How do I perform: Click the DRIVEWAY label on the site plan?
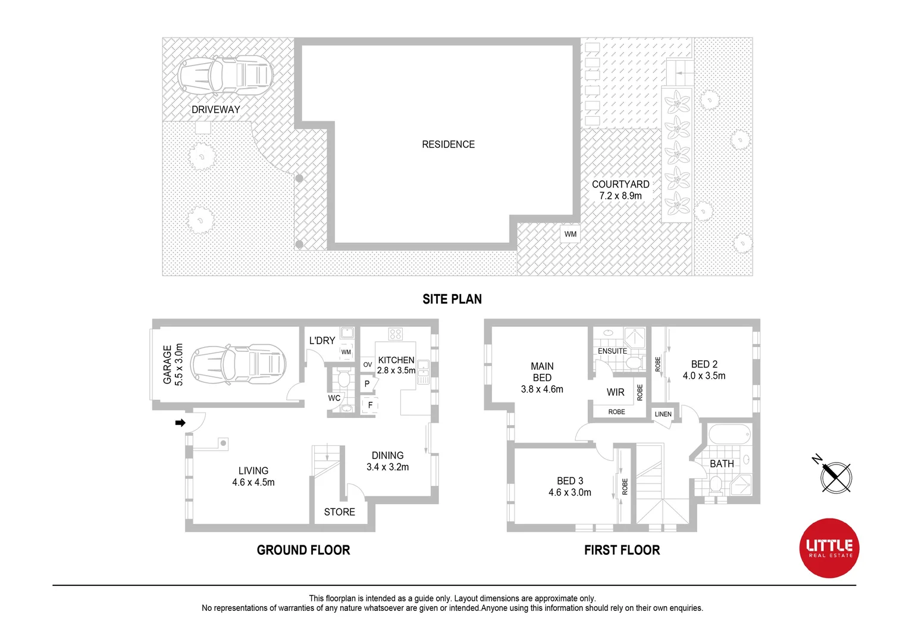pos(215,110)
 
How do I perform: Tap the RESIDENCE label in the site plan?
pos(448,145)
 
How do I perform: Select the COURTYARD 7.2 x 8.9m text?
pos(620,190)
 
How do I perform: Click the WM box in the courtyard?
pos(571,234)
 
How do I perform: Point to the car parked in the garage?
pos(238,363)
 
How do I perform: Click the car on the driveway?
pos(225,77)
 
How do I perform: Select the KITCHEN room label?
pos(396,360)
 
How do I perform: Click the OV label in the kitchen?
pos(368,364)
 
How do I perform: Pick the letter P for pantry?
pos(367,384)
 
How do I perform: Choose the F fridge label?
pos(370,405)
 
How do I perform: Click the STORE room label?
pos(339,512)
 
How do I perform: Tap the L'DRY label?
pos(322,341)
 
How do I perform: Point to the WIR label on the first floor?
pos(616,392)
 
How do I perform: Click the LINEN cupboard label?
pos(663,414)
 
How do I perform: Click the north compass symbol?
pos(835,476)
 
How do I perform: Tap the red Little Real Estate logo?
pos(829,548)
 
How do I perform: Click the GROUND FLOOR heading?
pos(303,550)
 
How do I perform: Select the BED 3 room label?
pos(570,486)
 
